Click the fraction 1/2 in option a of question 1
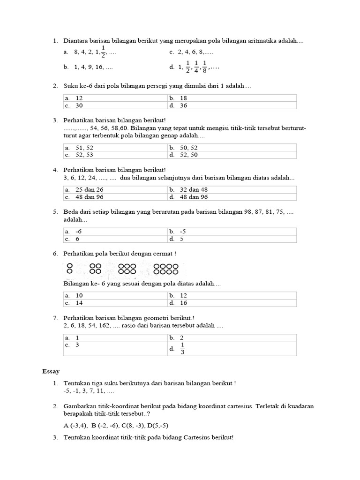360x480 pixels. tap(103, 51)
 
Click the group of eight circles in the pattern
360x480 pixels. tap(166, 269)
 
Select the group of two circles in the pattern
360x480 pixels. tap(69, 269)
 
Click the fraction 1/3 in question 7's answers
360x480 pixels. tap(182, 349)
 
